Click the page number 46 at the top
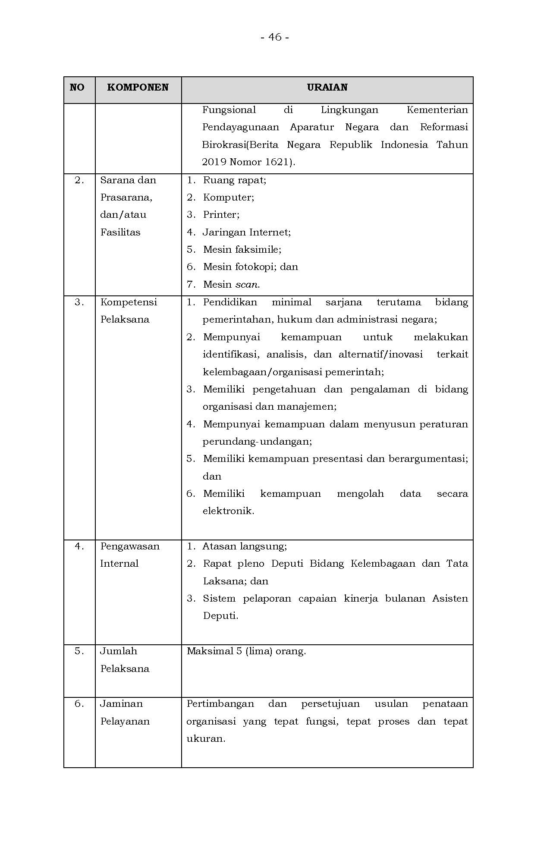click(x=275, y=38)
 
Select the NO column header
click(x=77, y=88)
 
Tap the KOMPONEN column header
click(x=138, y=88)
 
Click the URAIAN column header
click(x=327, y=88)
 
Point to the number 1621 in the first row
click(x=278, y=162)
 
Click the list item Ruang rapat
click(x=234, y=180)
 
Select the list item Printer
click(x=221, y=215)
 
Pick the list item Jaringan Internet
click(x=247, y=232)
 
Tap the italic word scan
click(x=247, y=285)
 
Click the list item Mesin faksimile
click(x=242, y=250)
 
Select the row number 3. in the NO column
click(x=79, y=302)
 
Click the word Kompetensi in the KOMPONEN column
click(x=129, y=302)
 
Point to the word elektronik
click(x=228, y=512)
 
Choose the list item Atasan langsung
click(x=244, y=546)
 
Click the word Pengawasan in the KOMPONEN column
click(x=130, y=546)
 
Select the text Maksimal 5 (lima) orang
click(x=246, y=651)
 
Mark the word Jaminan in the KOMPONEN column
click(x=121, y=704)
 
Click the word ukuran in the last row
click(x=205, y=739)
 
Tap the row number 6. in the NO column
click(x=79, y=704)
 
